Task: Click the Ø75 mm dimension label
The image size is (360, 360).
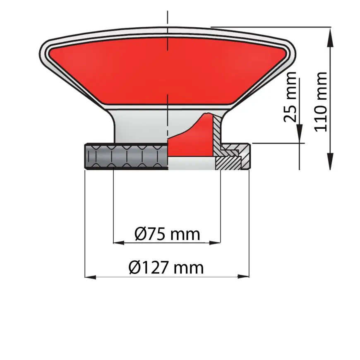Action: click(x=167, y=234)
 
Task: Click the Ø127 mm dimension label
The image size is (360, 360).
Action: click(x=166, y=268)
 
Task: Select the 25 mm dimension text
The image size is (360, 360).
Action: click(x=291, y=97)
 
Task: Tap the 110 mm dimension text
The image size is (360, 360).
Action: click(x=322, y=101)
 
